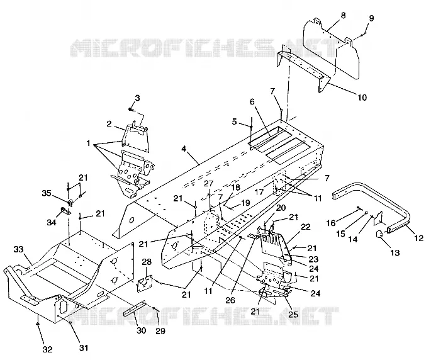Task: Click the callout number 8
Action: point(343,15)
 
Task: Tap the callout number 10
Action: point(362,98)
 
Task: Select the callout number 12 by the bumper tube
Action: point(418,238)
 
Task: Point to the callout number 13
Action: point(395,252)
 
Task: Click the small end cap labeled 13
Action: point(380,235)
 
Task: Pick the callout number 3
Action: point(137,98)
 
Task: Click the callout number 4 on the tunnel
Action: point(184,149)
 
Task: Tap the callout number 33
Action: point(19,249)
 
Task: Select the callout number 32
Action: point(47,349)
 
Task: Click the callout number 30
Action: point(142,330)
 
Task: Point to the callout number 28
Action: point(147,262)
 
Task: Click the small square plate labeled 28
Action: point(145,283)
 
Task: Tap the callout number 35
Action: point(47,193)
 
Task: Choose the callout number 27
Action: point(208,184)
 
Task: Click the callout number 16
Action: point(331,223)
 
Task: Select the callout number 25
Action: point(293,314)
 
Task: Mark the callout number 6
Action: point(252,102)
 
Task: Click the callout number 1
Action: point(88,143)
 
